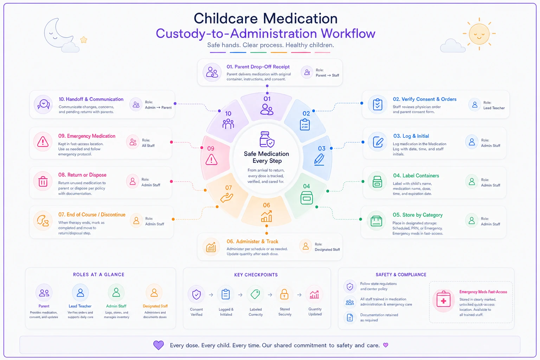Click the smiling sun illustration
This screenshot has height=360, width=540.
point(479,34)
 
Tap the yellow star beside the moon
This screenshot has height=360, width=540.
point(84,40)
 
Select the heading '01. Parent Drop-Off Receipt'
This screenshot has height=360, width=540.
point(258,67)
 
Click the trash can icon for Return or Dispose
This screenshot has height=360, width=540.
point(43,181)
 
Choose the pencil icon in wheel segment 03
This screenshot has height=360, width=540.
point(319,159)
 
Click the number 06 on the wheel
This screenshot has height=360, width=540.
point(266,205)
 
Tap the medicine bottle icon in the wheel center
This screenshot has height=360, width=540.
point(267,139)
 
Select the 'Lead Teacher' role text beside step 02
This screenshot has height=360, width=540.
point(494,108)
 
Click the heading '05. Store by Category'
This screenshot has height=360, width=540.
point(418,215)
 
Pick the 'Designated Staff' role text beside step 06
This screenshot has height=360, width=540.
point(327,250)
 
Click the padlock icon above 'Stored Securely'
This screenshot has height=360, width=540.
point(284,294)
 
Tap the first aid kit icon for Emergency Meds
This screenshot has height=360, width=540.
point(444,300)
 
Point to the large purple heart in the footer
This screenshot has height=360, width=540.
point(159,345)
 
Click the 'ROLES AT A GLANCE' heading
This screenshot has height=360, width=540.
point(98,275)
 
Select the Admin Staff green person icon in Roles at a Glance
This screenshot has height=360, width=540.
point(116,292)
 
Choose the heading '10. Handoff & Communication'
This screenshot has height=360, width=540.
point(91,99)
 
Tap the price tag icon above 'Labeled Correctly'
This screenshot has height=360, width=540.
point(255,294)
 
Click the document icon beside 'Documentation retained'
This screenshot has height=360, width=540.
point(350,317)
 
